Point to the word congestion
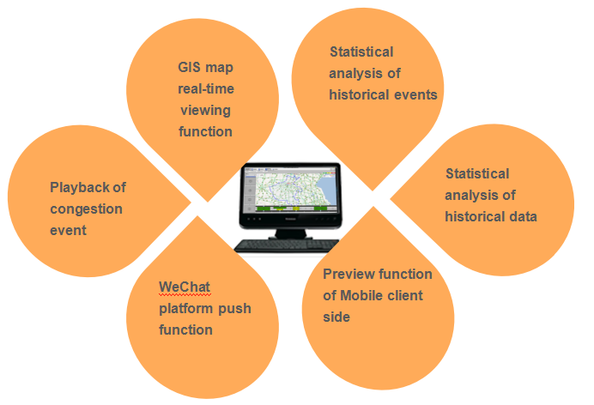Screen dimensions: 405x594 [86, 209]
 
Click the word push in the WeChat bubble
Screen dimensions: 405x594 [233, 308]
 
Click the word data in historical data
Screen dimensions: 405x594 [520, 217]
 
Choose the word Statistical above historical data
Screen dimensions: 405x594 [477, 174]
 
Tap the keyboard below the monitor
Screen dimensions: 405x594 [282, 245]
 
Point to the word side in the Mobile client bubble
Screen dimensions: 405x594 [336, 317]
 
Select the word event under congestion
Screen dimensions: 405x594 [69, 231]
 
